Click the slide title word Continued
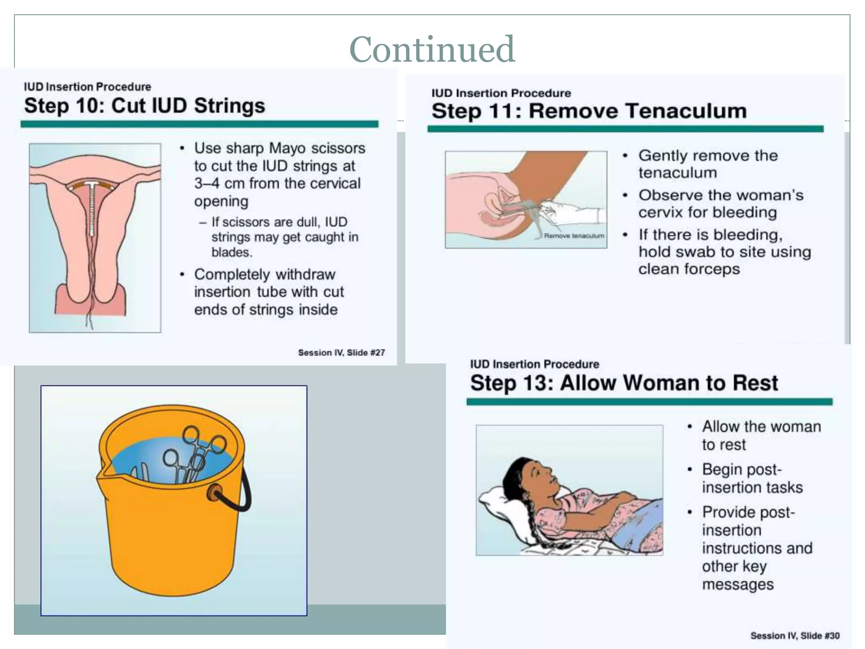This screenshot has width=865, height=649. [432, 49]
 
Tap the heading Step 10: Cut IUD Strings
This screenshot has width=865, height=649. [144, 106]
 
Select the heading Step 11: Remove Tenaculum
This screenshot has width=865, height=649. [589, 111]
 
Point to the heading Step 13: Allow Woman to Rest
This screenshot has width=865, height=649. [624, 383]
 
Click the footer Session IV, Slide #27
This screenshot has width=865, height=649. [341, 352]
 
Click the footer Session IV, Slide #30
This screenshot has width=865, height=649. [794, 635]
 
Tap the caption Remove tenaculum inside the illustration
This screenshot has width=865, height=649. [574, 236]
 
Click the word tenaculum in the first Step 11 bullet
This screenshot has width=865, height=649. [677, 173]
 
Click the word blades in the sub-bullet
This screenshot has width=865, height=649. [231, 252]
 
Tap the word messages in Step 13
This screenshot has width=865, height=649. [737, 584]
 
